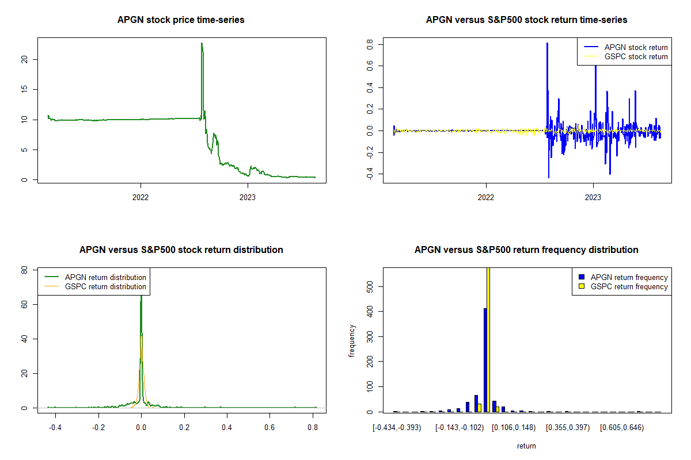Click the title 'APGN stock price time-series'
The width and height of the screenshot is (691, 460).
181,20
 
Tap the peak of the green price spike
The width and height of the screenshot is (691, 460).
202,43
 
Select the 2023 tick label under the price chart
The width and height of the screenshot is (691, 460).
248,195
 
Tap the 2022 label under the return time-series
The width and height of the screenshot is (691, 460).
486,195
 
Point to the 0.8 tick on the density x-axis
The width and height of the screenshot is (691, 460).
313,428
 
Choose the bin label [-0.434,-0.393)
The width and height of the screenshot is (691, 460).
397,428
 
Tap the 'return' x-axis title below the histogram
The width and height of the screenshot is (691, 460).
526,446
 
